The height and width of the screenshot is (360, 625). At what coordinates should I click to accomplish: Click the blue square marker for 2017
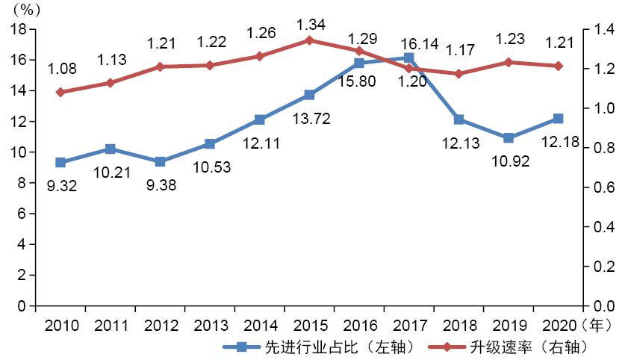pos(408,58)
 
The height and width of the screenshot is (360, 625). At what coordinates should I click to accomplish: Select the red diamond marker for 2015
pos(309,40)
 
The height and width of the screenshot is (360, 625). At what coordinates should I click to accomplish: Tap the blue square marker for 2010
pos(60,162)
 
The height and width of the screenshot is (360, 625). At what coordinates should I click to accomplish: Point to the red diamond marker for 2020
pos(558,66)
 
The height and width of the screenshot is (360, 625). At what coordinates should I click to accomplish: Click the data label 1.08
pos(61,70)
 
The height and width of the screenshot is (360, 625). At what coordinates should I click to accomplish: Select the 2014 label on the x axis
pos(259,326)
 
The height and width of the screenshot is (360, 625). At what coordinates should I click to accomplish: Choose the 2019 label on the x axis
pos(508,326)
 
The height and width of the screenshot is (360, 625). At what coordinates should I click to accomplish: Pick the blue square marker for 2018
pos(458,120)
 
